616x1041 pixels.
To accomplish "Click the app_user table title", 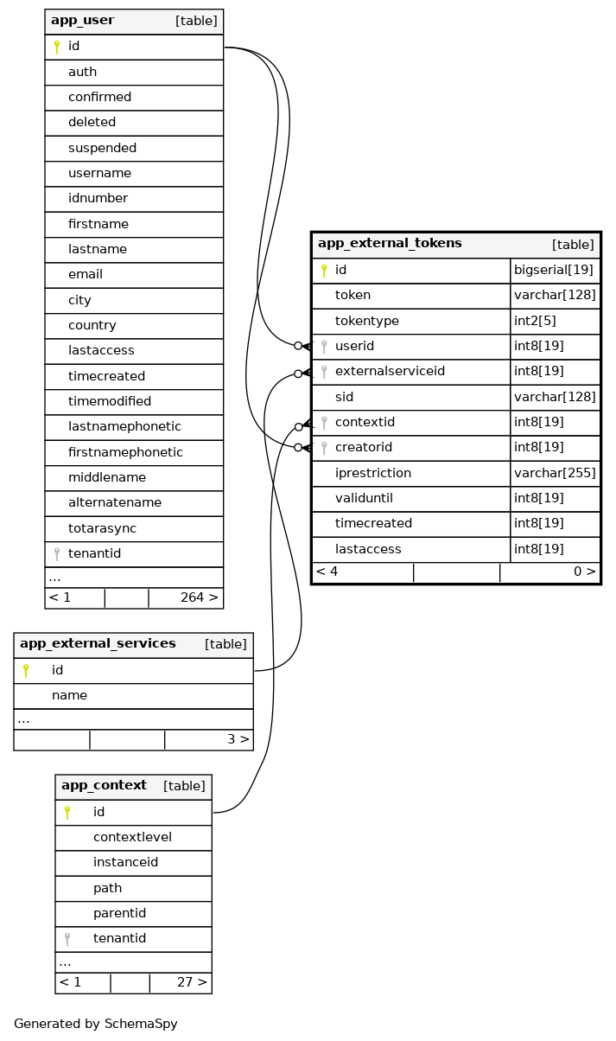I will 82,21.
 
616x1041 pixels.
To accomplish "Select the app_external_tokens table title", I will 390,244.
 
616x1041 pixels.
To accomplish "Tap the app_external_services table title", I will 98,644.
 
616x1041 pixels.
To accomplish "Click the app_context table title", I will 104,786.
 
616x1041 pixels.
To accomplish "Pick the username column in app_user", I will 99,174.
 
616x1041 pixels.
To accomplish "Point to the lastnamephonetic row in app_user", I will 124,427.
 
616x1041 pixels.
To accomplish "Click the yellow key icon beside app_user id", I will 57,47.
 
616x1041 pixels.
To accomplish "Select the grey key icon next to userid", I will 324,347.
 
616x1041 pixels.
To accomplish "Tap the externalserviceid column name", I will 390,372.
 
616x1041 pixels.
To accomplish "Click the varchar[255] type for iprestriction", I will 555,474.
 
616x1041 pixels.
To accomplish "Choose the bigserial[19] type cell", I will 553,271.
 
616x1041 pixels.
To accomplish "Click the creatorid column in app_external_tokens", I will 364,448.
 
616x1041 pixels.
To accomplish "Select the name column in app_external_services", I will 69,696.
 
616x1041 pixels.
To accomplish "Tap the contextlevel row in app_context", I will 132,838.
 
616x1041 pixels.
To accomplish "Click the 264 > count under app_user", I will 199,598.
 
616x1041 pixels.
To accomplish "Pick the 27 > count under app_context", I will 192,983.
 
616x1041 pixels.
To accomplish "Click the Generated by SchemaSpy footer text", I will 96,1025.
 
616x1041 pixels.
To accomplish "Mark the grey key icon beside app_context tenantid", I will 67,939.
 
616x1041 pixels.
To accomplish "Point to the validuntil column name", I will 365,499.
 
